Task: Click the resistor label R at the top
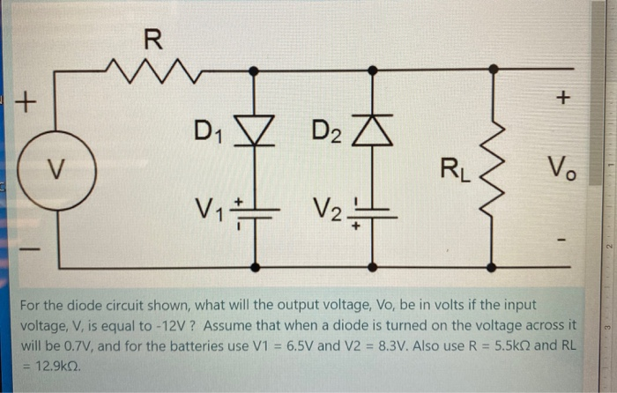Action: [x=152, y=38]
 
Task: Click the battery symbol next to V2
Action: [x=374, y=214]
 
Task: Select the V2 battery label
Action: [x=327, y=211]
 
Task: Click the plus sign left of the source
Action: [x=28, y=103]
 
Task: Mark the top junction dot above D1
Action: [x=256, y=69]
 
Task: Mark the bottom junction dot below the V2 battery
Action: [x=374, y=263]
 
